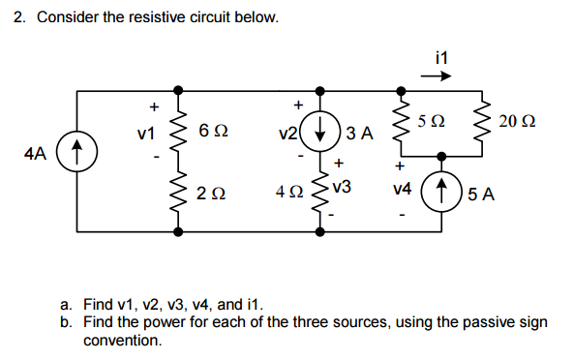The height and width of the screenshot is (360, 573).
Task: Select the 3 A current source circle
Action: point(320,133)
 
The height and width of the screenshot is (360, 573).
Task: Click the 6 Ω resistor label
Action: point(211,130)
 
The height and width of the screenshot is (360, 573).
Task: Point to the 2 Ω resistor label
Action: point(211,193)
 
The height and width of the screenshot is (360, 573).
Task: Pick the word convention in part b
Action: point(121,340)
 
